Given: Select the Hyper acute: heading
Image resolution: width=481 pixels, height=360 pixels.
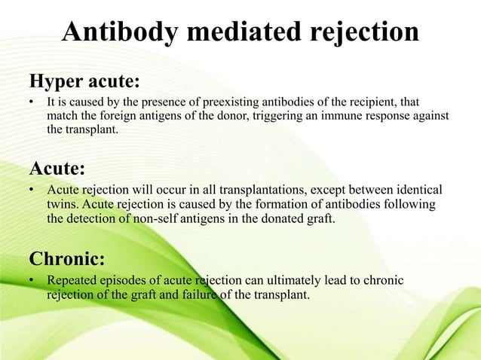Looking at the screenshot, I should [x=84, y=81].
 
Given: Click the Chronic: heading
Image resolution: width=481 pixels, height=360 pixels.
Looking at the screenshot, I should [x=66, y=259].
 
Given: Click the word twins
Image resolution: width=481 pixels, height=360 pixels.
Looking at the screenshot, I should [x=63, y=206].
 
